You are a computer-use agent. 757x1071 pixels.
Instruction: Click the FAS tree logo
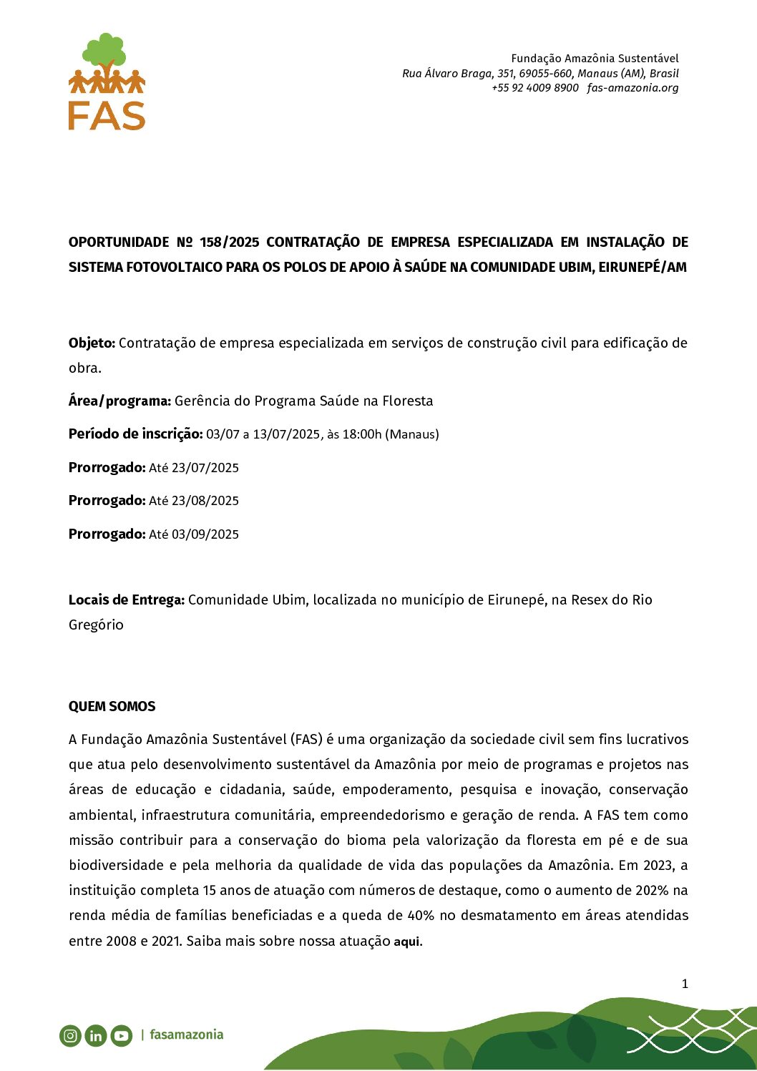(x=107, y=81)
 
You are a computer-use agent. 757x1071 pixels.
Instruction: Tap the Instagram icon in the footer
(x=70, y=1035)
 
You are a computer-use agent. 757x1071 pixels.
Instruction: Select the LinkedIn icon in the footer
(x=96, y=1035)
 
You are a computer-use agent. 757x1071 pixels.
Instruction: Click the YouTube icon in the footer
(x=122, y=1035)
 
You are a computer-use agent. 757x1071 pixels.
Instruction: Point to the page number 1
(x=684, y=984)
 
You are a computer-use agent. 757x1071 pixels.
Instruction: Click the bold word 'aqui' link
(x=406, y=942)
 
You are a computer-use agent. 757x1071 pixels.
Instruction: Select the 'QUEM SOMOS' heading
(x=112, y=706)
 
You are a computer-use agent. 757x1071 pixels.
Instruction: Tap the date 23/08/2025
(x=205, y=501)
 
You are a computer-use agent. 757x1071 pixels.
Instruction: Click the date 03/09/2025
(x=205, y=534)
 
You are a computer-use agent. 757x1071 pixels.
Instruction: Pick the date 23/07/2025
(x=205, y=468)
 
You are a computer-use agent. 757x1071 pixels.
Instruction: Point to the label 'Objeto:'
(x=92, y=343)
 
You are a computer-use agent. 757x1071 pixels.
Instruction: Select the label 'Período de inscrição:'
(x=135, y=434)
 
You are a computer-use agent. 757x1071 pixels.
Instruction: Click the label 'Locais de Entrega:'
(x=126, y=600)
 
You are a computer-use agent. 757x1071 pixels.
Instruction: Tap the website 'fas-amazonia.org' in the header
(x=633, y=88)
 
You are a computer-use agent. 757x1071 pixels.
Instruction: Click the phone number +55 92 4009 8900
(x=534, y=88)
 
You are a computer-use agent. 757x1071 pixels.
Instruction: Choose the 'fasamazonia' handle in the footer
(x=187, y=1035)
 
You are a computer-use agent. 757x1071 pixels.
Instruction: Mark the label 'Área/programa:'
(x=119, y=401)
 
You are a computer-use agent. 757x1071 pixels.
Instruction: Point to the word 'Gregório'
(x=96, y=625)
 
